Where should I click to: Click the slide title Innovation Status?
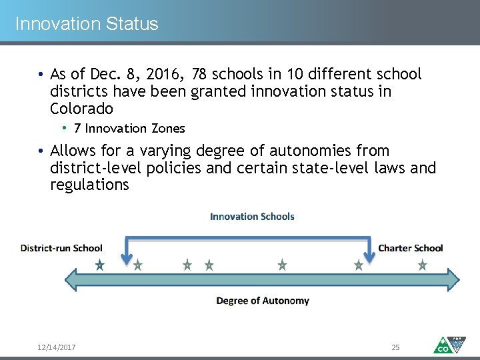coord(87,24)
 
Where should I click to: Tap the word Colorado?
coord(81,108)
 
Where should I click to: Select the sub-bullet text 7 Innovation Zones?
coord(129,128)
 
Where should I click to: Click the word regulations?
coord(89,185)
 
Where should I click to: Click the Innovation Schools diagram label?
coord(252,216)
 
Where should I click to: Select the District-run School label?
coord(61,248)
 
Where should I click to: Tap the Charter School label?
coord(410,248)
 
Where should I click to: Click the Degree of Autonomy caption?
coord(263,301)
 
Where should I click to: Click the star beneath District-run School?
coord(99,265)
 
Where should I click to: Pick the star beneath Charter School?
coord(422,265)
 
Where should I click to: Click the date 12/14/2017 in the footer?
coord(56,347)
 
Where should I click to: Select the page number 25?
coord(395,347)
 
